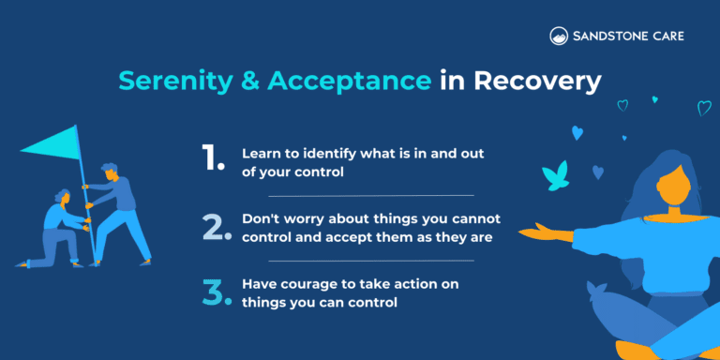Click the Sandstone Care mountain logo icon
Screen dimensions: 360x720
(x=558, y=37)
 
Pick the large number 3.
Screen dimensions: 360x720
(x=215, y=291)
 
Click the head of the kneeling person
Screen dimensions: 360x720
(x=63, y=198)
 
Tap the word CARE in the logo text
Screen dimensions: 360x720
(x=665, y=37)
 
